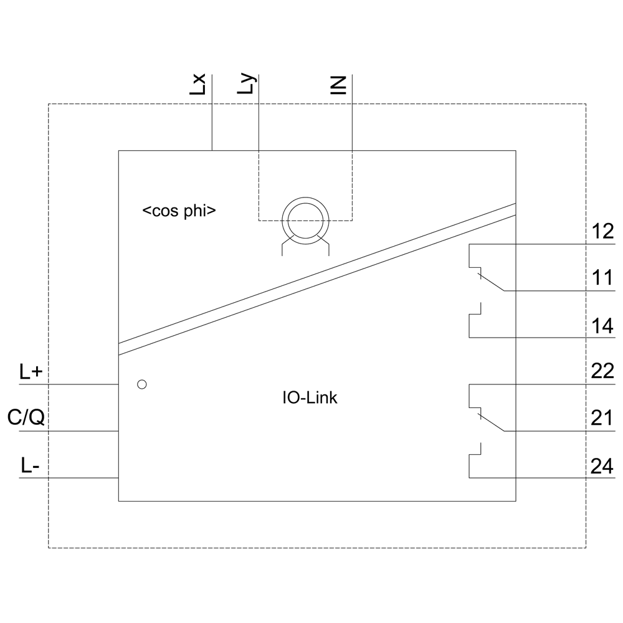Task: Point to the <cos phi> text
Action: [179, 211]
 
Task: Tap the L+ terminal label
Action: [31, 373]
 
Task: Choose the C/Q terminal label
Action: [26, 417]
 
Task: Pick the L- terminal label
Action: [29, 465]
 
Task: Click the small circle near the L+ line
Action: [142, 384]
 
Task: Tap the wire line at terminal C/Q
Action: [69, 431]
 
